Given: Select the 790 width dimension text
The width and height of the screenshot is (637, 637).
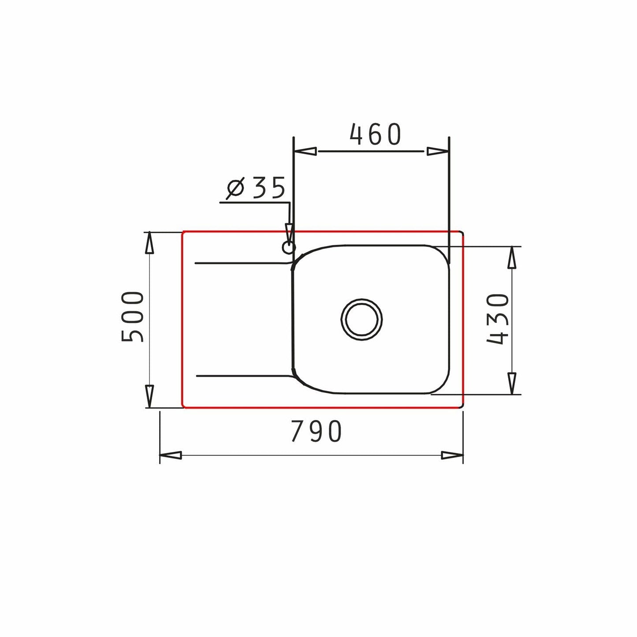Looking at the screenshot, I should (317, 432).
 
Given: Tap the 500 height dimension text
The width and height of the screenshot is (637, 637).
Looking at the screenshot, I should (133, 317).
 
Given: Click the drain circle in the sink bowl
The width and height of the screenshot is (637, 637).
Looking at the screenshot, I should (361, 319).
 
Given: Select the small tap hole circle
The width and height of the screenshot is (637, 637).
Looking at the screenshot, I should (289, 248).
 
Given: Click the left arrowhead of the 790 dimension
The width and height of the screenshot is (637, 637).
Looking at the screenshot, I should (171, 455).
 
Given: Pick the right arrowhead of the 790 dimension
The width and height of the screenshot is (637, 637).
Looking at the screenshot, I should (452, 455).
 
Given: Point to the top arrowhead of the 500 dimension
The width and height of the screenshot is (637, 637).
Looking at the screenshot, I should (149, 243).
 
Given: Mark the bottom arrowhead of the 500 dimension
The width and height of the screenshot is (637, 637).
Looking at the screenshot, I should (149, 396).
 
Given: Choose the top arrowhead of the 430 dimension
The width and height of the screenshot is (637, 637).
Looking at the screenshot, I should (512, 258).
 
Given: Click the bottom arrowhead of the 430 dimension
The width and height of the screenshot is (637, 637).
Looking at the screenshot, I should (512, 383).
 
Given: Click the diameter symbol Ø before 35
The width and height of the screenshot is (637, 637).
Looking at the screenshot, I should (235, 189).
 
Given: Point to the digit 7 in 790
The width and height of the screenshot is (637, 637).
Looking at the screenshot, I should (297, 432).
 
